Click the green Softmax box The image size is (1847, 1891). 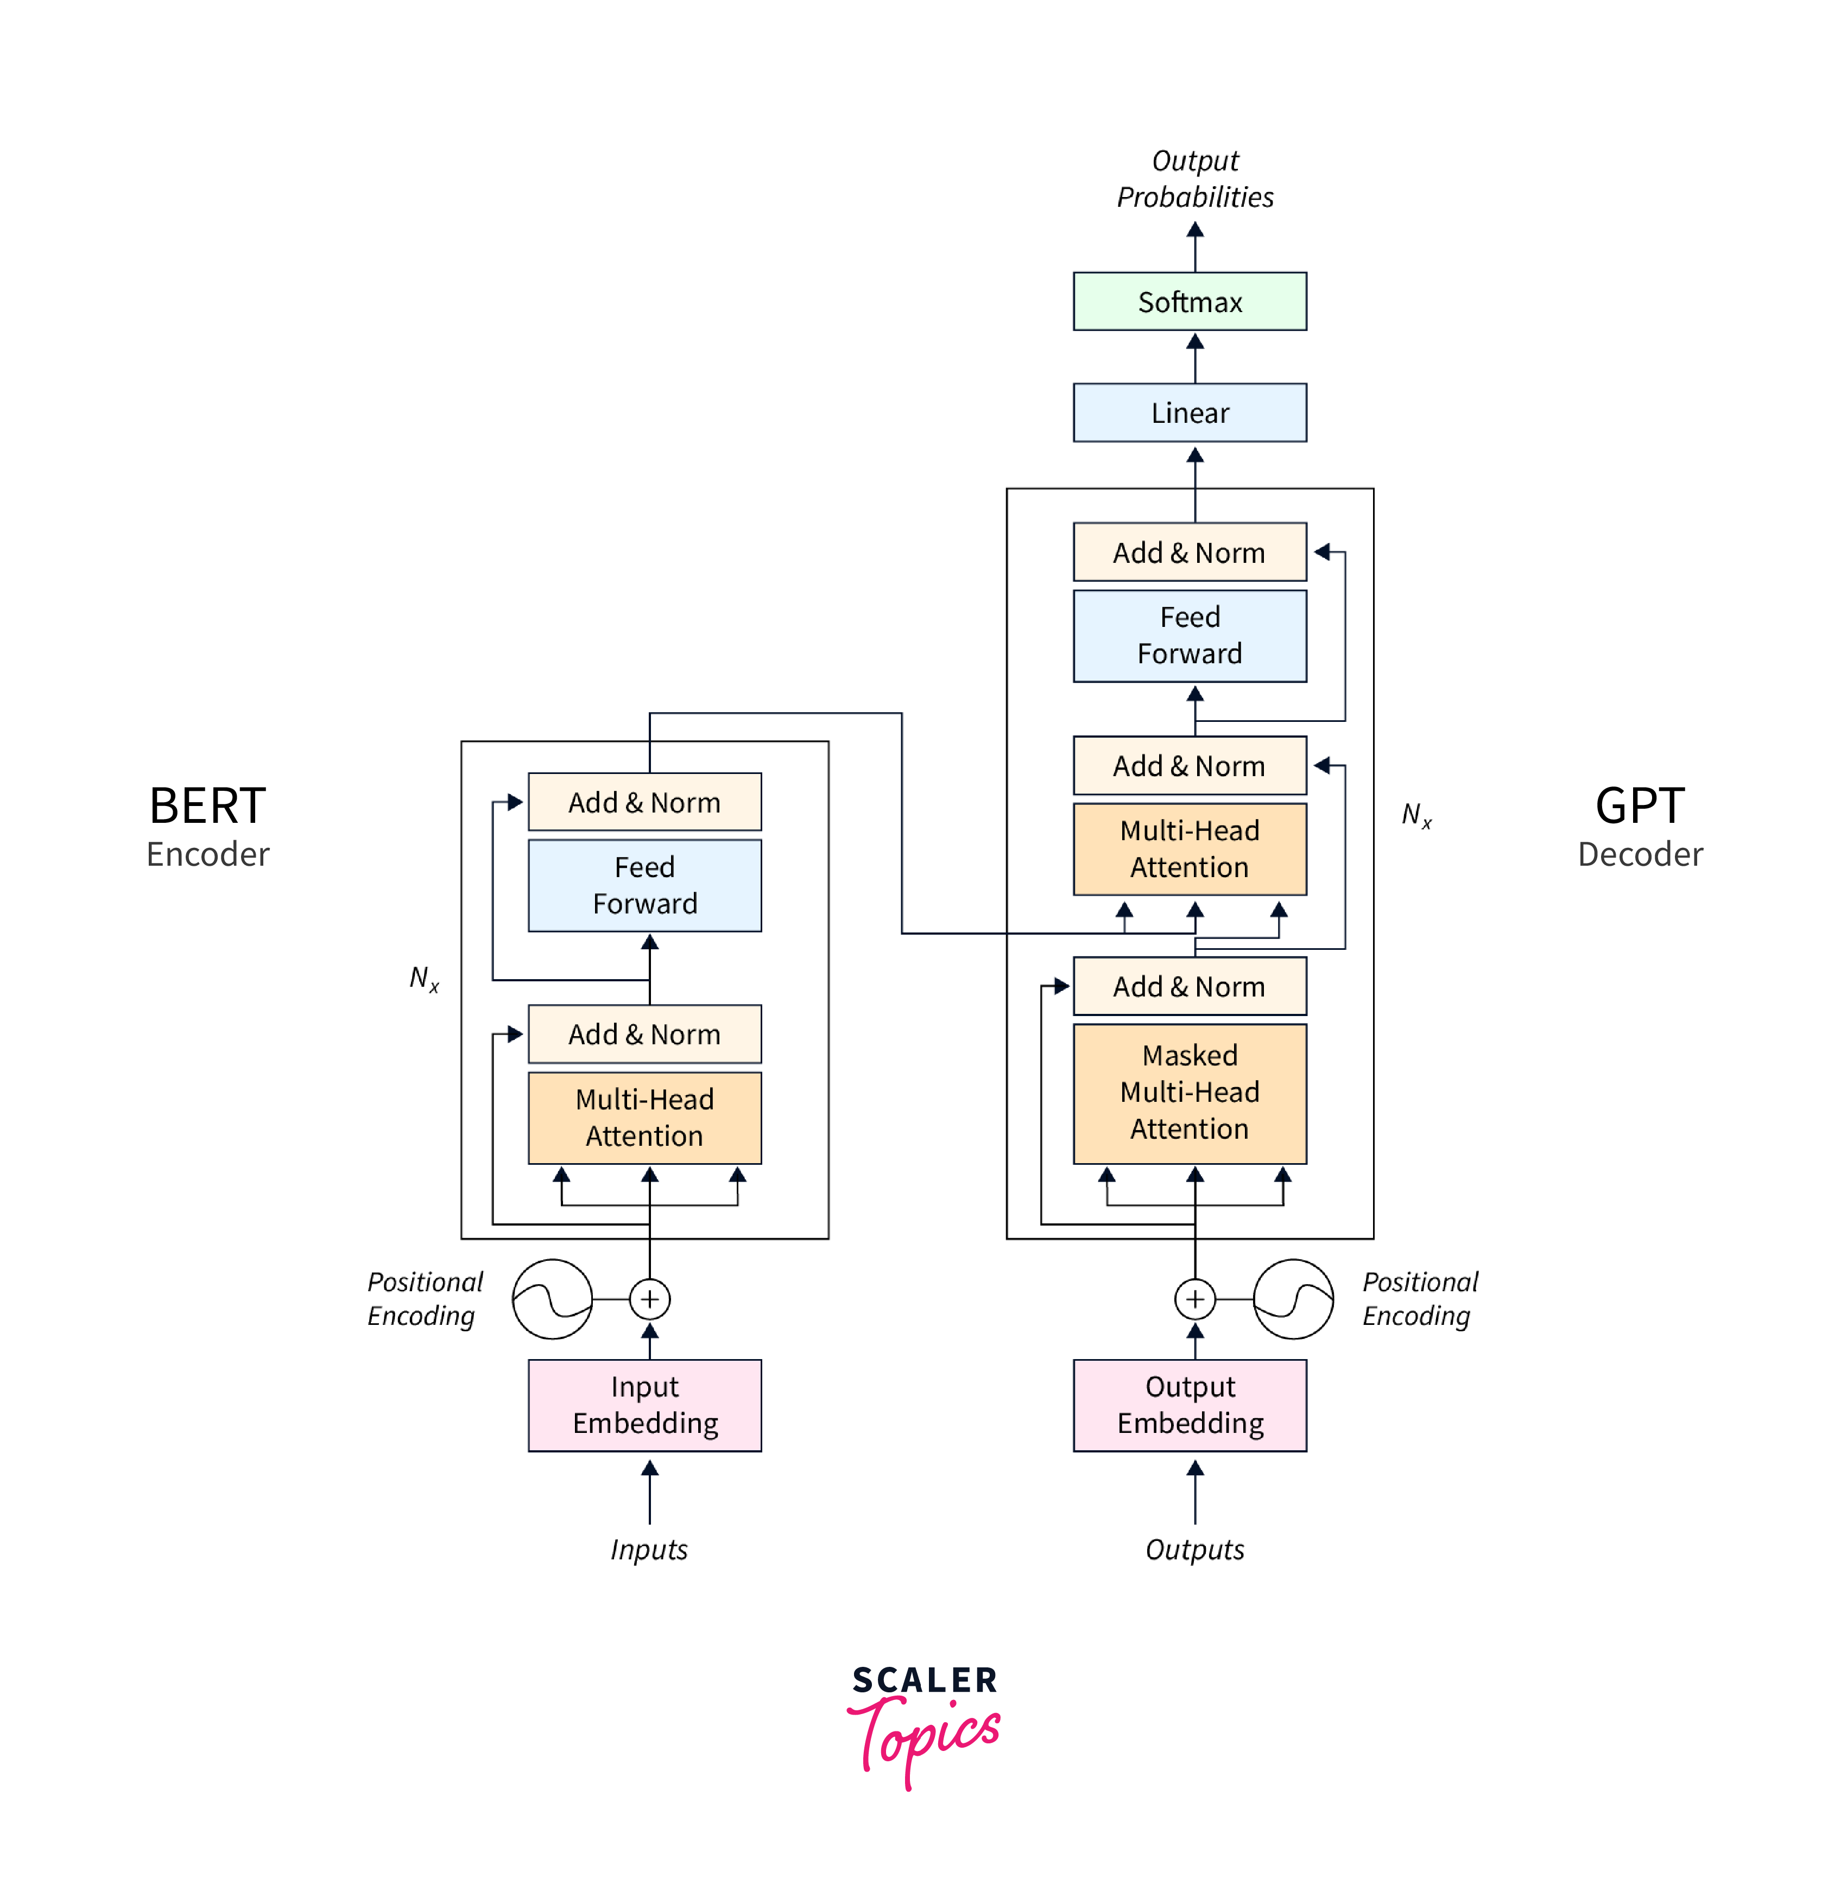click(1190, 302)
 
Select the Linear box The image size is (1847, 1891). click(1190, 413)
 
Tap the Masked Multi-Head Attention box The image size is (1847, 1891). click(1190, 1093)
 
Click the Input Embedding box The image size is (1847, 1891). click(645, 1405)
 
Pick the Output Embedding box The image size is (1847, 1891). click(1190, 1405)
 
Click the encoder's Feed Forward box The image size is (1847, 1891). click(645, 885)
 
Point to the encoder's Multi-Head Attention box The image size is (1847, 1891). click(645, 1117)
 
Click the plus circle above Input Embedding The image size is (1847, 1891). click(650, 1299)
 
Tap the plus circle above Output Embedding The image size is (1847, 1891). click(1195, 1299)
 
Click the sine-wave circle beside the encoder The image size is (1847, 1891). click(552, 1299)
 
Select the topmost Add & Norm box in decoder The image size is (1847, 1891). click(1190, 553)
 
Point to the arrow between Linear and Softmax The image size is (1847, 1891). click(1195, 357)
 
